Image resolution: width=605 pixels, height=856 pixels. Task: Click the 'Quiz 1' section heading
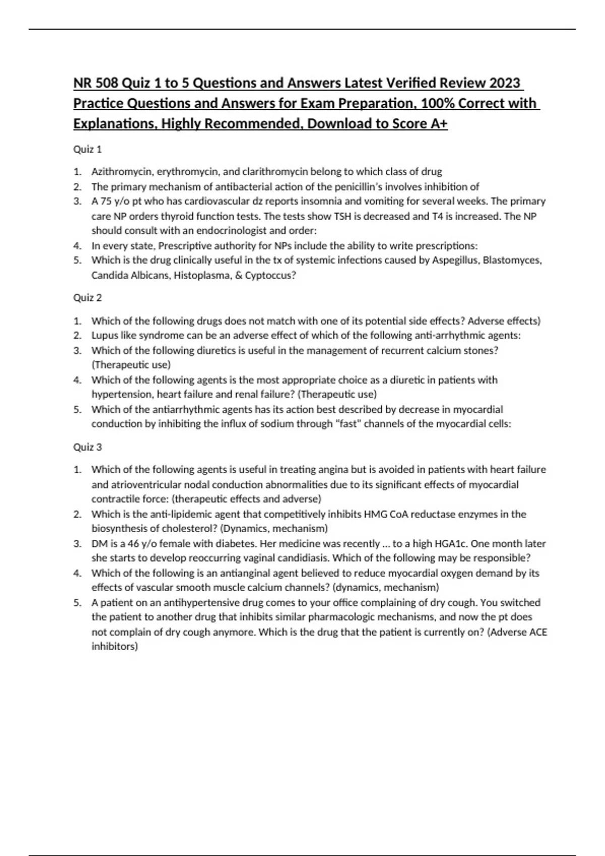(x=88, y=149)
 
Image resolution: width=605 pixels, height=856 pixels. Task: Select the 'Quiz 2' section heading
(x=88, y=298)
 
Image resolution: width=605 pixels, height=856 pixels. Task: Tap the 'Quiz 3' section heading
(x=88, y=447)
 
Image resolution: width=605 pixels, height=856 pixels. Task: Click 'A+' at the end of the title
(x=439, y=124)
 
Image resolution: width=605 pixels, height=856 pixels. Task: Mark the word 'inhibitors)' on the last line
(x=114, y=647)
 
